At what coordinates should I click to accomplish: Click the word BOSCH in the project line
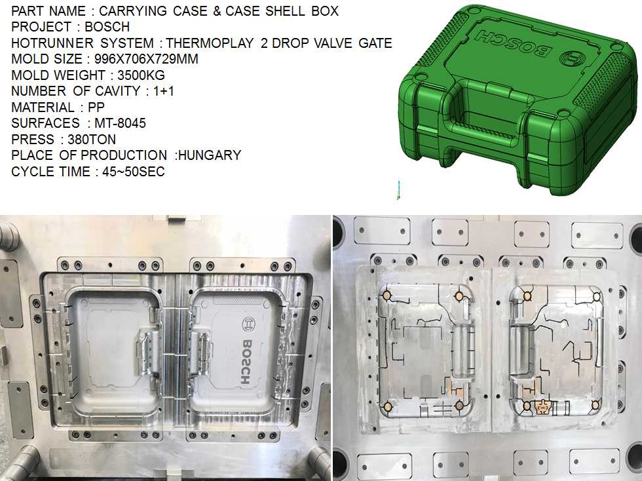107,27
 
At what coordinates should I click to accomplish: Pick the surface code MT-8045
116,123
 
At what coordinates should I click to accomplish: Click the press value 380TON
92,139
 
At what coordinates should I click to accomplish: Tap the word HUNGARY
210,155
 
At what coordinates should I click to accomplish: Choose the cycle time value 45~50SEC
132,172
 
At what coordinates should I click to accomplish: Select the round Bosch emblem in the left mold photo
250,324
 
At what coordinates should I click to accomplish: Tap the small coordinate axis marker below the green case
396,190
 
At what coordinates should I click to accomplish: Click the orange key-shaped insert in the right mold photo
541,408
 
